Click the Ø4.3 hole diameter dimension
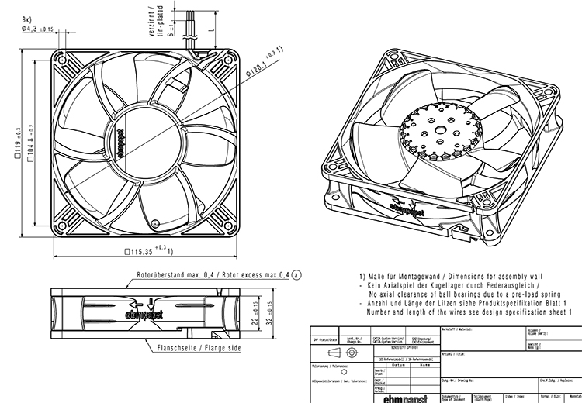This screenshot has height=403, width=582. tap(33, 29)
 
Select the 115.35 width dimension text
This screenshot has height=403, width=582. tap(147, 250)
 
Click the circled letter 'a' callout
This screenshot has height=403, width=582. tap(296, 274)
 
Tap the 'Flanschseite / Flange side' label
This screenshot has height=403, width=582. tap(199, 350)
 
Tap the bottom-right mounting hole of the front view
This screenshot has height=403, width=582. tap(229, 228)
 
